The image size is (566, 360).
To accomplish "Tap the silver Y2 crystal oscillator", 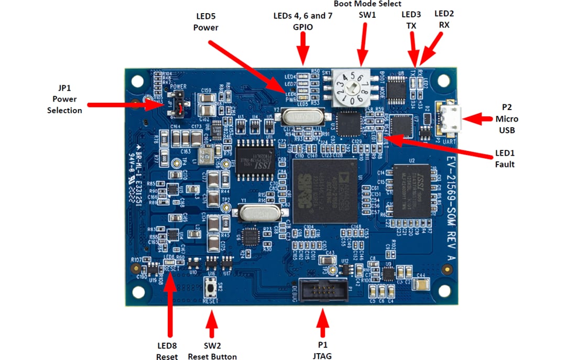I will pos(298,116).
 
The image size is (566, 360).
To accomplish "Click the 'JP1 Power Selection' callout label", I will pos(64,99).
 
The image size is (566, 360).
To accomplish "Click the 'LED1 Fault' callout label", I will pos(505,158).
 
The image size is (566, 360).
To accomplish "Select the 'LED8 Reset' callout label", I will pos(167,351).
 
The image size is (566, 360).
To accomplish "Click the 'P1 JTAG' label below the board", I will pos(322,351).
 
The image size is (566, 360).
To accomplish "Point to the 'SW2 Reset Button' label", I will pos(212,351).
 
